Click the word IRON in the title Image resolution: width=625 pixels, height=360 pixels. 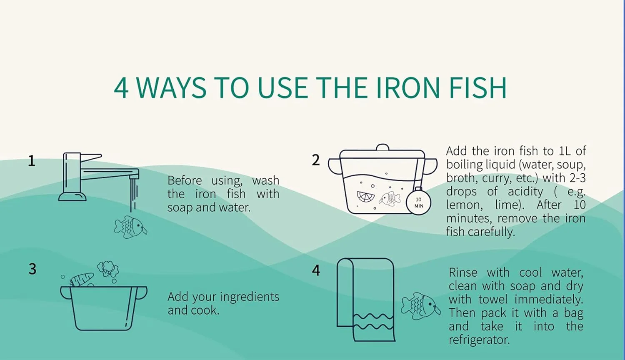(x=408, y=87)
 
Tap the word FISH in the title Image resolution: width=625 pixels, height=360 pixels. (x=478, y=87)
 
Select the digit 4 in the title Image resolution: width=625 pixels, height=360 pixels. (x=121, y=88)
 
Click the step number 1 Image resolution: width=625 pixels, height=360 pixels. (x=32, y=161)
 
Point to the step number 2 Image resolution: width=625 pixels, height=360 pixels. (x=316, y=160)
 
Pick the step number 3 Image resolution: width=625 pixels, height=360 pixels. (x=32, y=269)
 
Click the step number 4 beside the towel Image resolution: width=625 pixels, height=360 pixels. (x=316, y=270)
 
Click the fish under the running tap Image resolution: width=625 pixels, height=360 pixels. (x=130, y=227)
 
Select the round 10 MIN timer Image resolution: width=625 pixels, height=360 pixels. (x=418, y=202)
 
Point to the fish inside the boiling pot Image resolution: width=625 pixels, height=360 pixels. (x=390, y=199)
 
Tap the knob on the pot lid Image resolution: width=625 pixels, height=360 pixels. (x=382, y=147)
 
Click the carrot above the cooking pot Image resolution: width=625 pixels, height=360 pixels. (x=82, y=279)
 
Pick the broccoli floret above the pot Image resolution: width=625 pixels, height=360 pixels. (x=108, y=269)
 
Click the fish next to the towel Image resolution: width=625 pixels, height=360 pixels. (x=421, y=306)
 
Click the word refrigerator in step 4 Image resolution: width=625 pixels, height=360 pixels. (x=479, y=340)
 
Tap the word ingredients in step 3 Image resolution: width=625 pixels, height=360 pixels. (x=250, y=297)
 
